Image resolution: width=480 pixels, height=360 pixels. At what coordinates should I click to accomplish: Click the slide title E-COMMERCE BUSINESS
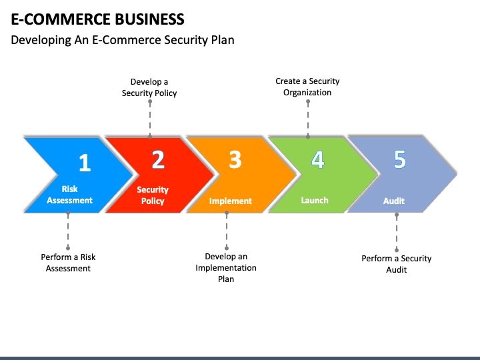click(97, 19)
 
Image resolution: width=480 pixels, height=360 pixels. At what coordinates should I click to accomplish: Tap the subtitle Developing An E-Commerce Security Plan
click(123, 40)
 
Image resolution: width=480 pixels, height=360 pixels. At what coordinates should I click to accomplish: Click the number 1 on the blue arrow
click(85, 163)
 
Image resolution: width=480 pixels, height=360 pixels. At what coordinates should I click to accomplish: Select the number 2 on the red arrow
click(158, 159)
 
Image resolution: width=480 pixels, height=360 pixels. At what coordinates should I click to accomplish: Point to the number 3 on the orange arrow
click(235, 159)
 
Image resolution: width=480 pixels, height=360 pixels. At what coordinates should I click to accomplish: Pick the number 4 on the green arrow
click(318, 159)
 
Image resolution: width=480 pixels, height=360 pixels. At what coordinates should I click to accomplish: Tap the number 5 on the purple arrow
click(400, 159)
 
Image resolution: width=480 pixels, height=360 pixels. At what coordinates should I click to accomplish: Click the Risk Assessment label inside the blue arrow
click(69, 195)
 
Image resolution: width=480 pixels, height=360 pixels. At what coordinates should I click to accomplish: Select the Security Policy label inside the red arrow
click(153, 195)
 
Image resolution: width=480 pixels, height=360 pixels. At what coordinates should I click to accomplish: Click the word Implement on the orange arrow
click(231, 201)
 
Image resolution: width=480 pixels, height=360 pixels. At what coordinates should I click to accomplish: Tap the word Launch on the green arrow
click(315, 200)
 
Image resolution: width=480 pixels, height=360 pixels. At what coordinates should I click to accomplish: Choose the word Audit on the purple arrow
click(394, 201)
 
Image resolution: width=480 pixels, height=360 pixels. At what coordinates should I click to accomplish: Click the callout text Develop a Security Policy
click(149, 87)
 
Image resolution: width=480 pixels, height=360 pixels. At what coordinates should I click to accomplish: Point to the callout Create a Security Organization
click(307, 87)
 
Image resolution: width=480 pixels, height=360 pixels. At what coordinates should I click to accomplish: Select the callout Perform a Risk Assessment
click(68, 263)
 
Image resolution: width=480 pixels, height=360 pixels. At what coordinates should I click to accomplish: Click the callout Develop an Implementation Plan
click(226, 267)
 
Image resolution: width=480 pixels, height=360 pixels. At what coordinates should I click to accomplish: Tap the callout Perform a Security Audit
click(397, 264)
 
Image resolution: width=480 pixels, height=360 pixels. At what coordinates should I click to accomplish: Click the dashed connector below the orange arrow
click(227, 230)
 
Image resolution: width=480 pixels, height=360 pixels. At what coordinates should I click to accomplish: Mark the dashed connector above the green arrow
click(308, 119)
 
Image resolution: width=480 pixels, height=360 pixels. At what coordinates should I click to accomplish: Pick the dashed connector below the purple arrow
click(397, 233)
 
